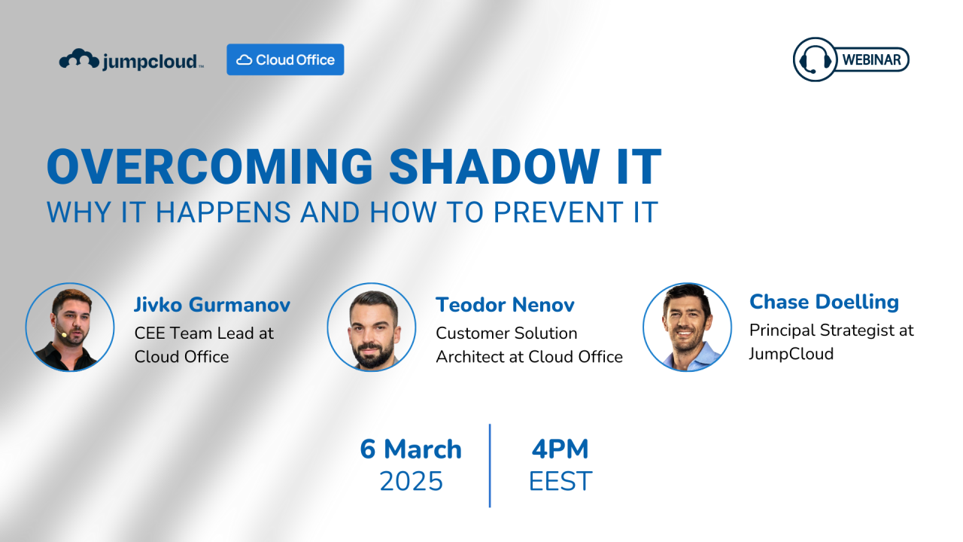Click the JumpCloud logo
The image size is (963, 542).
pos(131,60)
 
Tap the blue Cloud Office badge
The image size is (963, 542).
pos(285,59)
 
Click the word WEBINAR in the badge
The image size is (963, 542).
pos(871,60)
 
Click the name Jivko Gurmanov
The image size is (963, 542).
pos(212,305)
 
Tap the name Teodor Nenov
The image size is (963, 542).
pos(505,305)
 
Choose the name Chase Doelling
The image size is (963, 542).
pos(824,302)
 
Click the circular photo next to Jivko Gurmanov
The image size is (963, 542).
pos(70,327)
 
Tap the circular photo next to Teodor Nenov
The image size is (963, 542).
pos(372,327)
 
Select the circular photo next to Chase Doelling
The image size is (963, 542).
pos(687,327)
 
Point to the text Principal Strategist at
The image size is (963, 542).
pos(831,330)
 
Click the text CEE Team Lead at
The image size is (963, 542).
pos(204,333)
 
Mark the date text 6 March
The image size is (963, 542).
pos(411,449)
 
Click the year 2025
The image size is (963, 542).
pos(411,481)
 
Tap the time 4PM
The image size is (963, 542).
pos(560,449)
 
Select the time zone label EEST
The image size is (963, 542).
pos(560,481)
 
